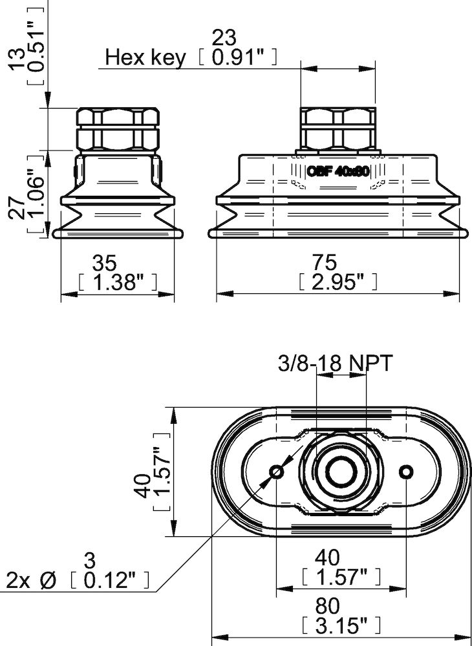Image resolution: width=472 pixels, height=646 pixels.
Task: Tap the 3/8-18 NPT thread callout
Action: click(334, 364)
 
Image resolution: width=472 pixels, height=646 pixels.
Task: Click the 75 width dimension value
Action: click(324, 262)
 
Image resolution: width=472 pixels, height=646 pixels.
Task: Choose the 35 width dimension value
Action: click(104, 262)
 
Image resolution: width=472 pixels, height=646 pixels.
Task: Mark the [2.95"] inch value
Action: click(338, 282)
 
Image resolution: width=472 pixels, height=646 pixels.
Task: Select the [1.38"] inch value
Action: click(117, 282)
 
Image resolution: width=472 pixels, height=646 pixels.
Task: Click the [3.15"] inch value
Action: click(341, 625)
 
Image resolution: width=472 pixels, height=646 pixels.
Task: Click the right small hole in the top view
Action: click(406, 472)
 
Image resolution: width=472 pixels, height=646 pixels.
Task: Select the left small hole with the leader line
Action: click(277, 472)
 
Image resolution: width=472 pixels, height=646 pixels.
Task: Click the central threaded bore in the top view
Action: click(338, 472)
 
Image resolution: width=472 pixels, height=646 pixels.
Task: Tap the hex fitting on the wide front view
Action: click(337, 128)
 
